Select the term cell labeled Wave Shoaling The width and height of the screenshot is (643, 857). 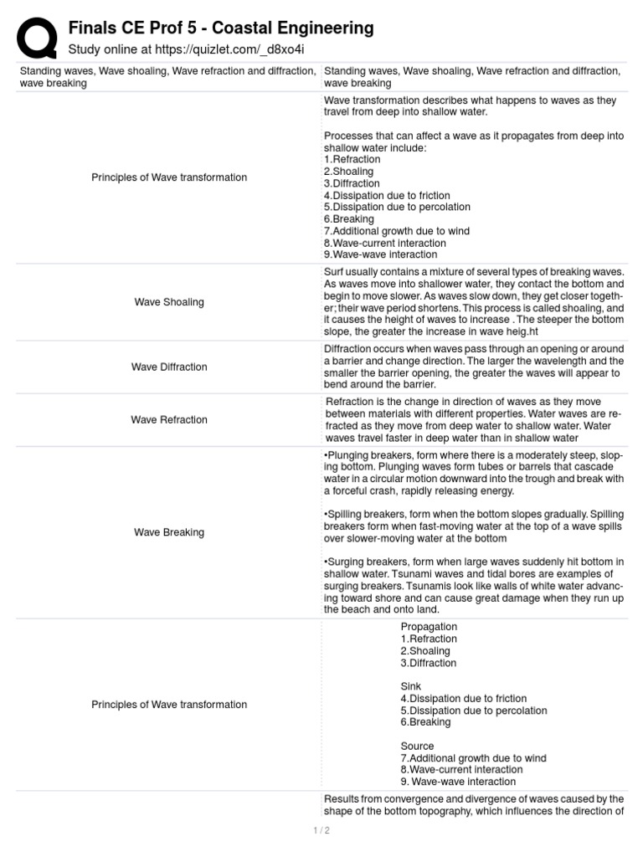pos(169,302)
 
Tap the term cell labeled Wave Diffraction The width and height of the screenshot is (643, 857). pos(169,367)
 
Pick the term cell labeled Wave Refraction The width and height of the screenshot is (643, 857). pos(169,419)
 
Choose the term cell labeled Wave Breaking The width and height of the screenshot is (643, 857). pos(169,532)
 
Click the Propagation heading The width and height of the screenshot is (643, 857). pos(429,627)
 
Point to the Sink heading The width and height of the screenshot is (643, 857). pos(411,686)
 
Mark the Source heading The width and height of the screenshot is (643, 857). pos(417,746)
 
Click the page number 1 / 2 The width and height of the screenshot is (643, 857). pos(321,830)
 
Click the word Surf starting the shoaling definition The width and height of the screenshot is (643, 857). pos(334,272)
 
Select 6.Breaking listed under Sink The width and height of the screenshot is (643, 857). pos(425,722)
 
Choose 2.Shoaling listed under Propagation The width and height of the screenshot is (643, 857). pos(425,651)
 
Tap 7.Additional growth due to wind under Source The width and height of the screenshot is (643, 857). pos(473,758)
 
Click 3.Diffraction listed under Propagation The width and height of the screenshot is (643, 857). pos(428,663)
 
